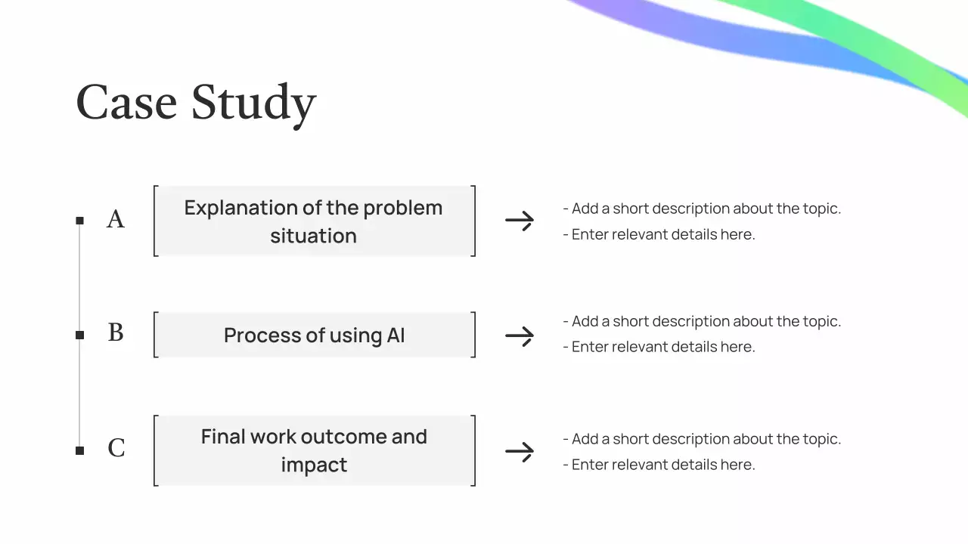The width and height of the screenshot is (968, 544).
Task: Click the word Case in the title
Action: (x=126, y=103)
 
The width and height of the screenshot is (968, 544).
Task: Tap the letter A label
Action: (x=116, y=219)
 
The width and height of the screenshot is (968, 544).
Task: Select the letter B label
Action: (x=116, y=333)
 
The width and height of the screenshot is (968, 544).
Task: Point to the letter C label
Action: (x=116, y=449)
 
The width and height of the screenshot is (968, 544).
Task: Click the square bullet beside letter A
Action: (x=79, y=221)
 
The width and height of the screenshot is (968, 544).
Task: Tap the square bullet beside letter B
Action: (x=79, y=335)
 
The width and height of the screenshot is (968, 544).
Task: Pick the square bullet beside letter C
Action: (x=79, y=451)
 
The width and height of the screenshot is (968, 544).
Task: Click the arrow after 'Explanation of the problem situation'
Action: (x=520, y=221)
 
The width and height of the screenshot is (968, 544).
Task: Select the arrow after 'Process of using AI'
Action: (x=520, y=336)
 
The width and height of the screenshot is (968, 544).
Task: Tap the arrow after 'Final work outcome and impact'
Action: (x=520, y=452)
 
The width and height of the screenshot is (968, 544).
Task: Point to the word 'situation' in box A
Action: (x=313, y=236)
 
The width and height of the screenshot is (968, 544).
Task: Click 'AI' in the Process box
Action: (x=396, y=335)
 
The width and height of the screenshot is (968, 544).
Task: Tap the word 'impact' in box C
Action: (x=314, y=465)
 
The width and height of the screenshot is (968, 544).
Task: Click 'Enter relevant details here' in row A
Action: (x=663, y=234)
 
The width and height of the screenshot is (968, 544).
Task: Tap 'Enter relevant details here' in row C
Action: (x=663, y=465)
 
